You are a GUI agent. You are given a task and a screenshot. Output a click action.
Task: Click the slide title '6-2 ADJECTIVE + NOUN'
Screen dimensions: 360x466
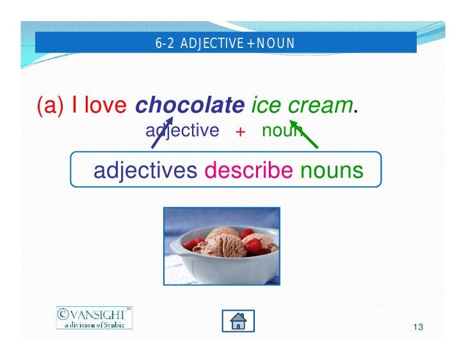(225, 43)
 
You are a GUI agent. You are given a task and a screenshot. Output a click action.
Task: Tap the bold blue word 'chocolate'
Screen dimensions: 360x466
(190, 106)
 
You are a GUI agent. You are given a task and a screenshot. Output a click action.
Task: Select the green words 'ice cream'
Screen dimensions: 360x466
(301, 106)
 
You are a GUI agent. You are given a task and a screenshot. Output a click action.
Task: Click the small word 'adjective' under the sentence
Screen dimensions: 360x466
(182, 130)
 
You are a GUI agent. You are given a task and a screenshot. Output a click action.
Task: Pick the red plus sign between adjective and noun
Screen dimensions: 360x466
(241, 132)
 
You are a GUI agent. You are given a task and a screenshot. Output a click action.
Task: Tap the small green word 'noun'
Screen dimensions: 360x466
(282, 130)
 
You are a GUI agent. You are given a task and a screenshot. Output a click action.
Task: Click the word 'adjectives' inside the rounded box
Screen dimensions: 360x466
(145, 170)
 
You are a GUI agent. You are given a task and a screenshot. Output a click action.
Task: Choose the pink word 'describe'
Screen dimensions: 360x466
(248, 170)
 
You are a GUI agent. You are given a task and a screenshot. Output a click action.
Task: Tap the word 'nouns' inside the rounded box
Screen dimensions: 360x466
(332, 170)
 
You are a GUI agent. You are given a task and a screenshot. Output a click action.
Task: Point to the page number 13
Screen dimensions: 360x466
(419, 327)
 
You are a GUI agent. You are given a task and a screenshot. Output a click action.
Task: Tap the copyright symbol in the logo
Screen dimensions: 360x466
(63, 314)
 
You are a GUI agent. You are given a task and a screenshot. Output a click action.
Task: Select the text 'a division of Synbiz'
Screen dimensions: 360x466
(96, 324)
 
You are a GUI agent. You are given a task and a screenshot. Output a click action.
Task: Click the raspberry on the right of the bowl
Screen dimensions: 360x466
(253, 246)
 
